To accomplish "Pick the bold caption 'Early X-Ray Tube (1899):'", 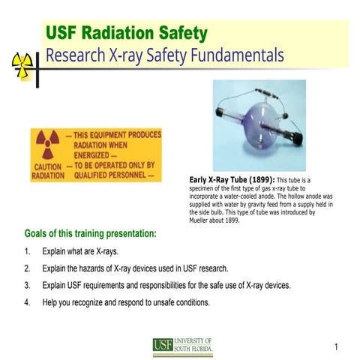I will coord(229,180).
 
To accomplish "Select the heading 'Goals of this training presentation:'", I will coord(91,234).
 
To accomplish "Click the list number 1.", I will coord(27,251).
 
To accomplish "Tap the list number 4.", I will coord(27,302).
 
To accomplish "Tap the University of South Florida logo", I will coord(183,345).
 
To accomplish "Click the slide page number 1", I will coord(337,346).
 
